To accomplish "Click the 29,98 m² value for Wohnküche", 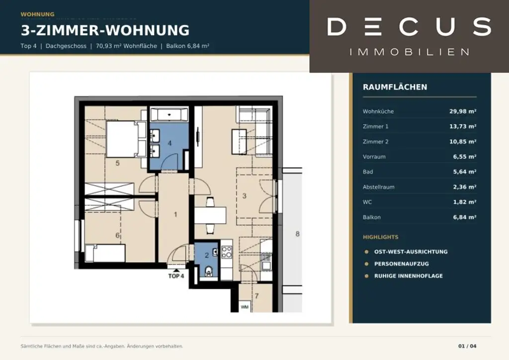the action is click(463, 111).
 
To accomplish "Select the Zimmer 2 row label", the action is click(375, 142).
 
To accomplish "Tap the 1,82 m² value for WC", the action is click(465, 202).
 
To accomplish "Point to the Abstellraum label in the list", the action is click(378, 187).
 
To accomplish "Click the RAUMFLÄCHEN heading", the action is click(395, 87).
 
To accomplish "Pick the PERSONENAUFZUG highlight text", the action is click(402, 264).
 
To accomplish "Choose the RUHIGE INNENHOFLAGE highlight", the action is click(409, 275).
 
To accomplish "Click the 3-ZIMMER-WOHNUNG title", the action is click(105, 30).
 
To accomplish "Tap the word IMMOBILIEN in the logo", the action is click(410, 52).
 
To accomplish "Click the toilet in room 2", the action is click(209, 271).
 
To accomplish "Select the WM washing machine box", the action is click(245, 307).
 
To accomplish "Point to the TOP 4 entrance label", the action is click(176, 276).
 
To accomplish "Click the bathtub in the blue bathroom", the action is click(169, 115).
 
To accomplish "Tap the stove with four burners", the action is click(227, 252).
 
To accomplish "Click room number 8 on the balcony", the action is click(297, 234).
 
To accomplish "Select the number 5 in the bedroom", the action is click(117, 163).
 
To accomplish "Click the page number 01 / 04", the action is click(467, 346).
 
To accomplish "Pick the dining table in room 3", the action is click(210, 215).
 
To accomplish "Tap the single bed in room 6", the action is click(105, 253).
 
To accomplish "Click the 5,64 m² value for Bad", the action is click(465, 172).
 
